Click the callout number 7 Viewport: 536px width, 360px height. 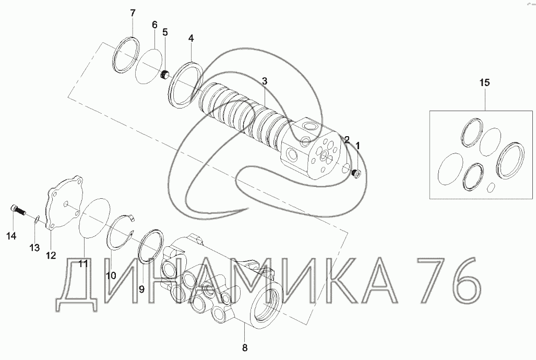(133, 13)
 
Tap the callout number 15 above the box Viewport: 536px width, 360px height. (484, 82)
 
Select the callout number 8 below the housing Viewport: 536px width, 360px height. (245, 348)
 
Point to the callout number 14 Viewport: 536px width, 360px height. (11, 236)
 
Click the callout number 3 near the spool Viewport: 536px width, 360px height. (265, 81)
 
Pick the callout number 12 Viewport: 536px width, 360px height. (51, 255)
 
